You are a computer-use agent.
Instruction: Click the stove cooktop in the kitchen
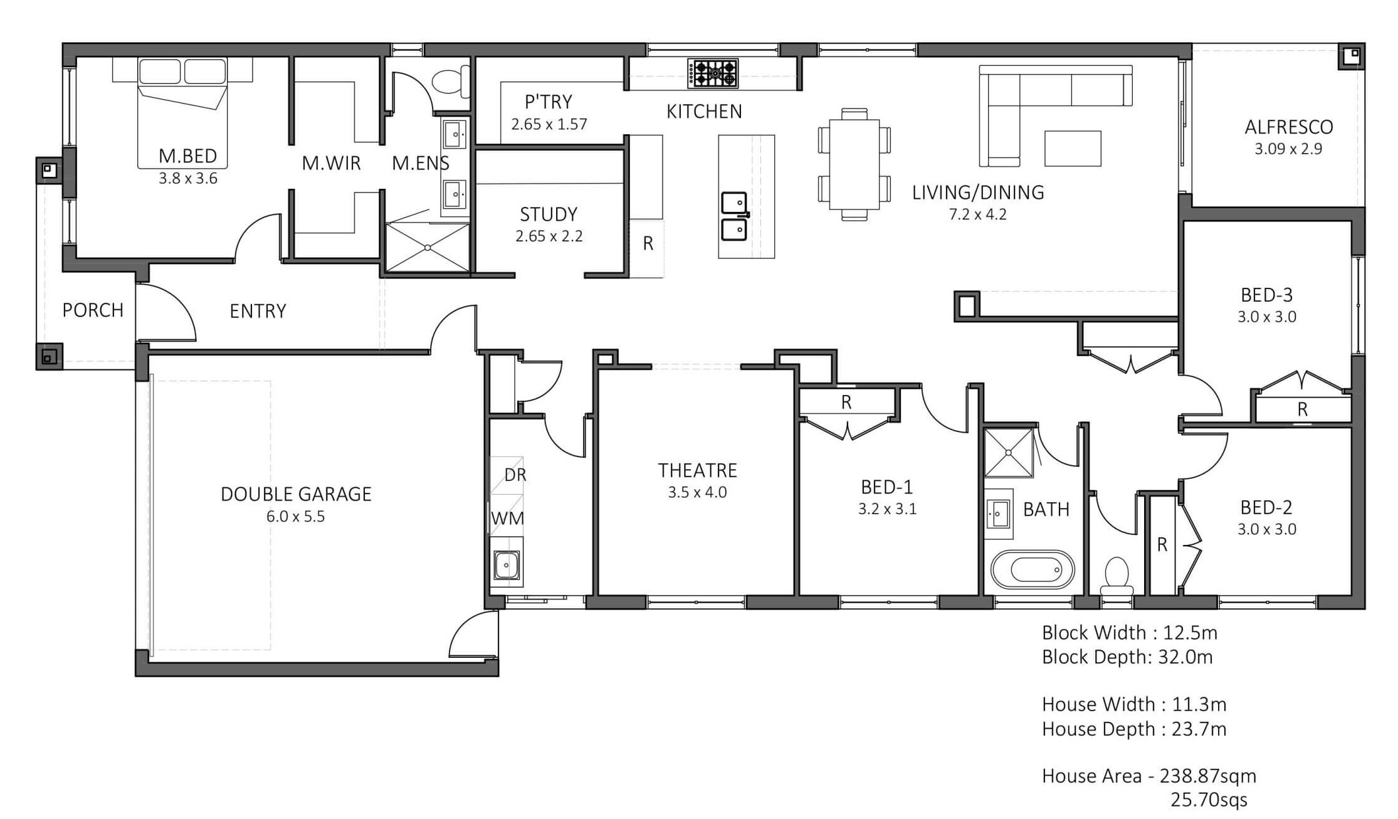713,73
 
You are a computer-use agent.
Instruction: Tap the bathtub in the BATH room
1033,570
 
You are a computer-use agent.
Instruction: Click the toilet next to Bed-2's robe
1117,576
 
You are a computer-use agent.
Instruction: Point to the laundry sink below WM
505,566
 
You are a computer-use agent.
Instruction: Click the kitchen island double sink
734,216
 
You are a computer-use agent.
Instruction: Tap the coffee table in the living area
1073,148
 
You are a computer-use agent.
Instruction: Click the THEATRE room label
697,470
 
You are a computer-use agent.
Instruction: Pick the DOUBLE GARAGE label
296,494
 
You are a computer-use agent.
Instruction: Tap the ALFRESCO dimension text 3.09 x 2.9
1288,149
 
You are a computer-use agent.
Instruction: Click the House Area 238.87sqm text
1149,776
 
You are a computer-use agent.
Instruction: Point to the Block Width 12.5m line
1130,632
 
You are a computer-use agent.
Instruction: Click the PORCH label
93,310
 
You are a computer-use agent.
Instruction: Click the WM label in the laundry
507,519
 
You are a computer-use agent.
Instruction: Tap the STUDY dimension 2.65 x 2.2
549,236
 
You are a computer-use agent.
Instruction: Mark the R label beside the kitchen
648,243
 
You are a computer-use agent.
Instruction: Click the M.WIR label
331,163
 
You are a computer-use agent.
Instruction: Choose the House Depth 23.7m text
1134,729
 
